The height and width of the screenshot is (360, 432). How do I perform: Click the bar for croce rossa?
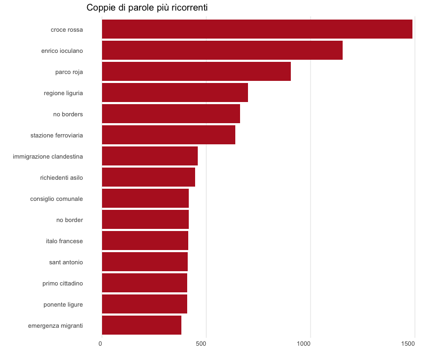coord(257,29)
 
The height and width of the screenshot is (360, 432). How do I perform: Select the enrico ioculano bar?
coord(222,50)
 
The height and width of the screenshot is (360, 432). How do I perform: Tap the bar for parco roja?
coord(196,71)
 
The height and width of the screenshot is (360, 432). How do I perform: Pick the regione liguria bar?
coord(174,93)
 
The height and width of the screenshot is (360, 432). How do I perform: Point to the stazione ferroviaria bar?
coord(168,135)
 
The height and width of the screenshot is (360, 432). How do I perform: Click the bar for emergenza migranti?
coord(141,325)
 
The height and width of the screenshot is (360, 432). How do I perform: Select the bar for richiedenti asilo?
coord(148,177)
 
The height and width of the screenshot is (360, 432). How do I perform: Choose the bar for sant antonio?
coord(144,262)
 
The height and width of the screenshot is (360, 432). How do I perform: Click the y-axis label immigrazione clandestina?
coord(48,156)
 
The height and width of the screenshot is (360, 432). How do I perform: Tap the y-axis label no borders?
coord(68,114)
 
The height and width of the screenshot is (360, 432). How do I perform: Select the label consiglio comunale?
coord(57,199)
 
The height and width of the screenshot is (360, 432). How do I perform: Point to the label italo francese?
coord(64,241)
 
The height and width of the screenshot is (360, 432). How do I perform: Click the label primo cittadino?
coord(62,283)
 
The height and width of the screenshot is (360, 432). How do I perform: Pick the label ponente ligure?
coord(63,304)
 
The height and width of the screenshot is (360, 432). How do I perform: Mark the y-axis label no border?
coord(69,220)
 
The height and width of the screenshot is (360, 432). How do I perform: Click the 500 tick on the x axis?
coord(201,344)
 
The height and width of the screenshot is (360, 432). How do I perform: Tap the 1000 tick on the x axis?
coord(304,344)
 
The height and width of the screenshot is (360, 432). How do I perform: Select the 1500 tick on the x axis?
coord(408,344)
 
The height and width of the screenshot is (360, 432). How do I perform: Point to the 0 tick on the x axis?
coord(100,344)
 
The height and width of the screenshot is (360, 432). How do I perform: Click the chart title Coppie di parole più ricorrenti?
coord(147,7)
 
